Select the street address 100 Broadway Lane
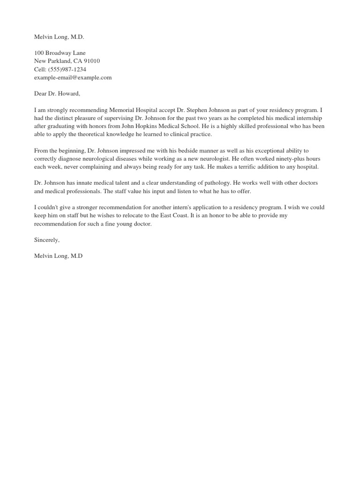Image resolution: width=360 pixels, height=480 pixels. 60,53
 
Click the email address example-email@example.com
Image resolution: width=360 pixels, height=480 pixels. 73,77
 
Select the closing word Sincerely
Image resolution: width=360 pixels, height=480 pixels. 47,240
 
